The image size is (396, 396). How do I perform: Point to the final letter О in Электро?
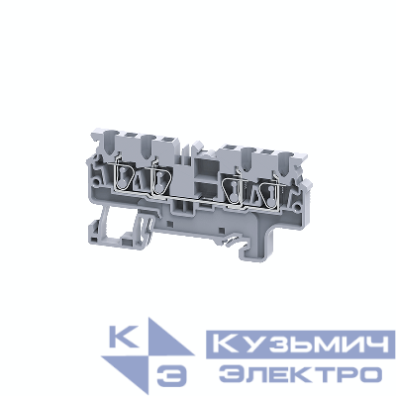[369, 373]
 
